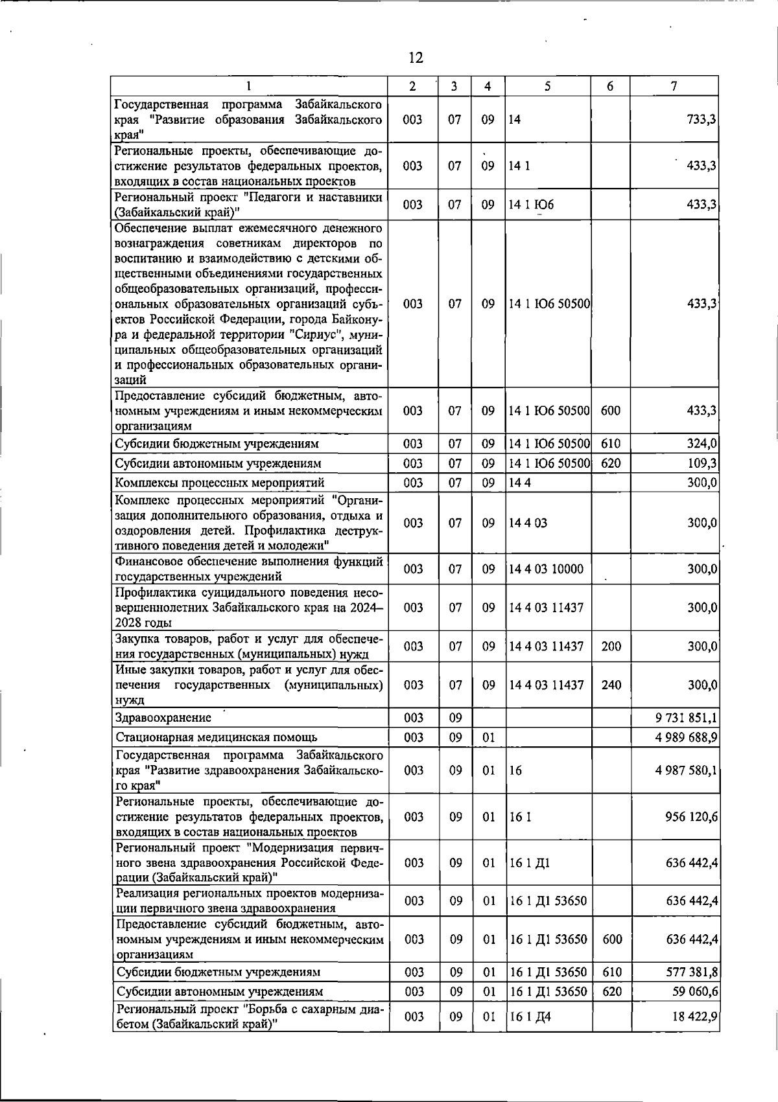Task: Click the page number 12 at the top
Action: tap(416, 58)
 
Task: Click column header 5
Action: tap(548, 86)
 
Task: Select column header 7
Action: tap(674, 86)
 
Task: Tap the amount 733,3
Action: tap(701, 119)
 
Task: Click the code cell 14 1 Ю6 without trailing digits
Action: tap(532, 205)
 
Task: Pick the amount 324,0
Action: tap(701, 444)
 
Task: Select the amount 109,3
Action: tap(701, 463)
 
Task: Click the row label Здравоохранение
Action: tap(163, 718)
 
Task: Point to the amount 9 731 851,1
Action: tap(687, 718)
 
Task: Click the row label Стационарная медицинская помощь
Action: tap(216, 737)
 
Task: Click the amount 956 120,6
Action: tap(691, 817)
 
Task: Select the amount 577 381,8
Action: tap(691, 972)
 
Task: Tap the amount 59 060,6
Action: tap(695, 992)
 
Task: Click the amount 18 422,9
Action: tap(695, 1016)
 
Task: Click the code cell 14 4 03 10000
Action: tap(546, 569)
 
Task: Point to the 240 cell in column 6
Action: tap(611, 685)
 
